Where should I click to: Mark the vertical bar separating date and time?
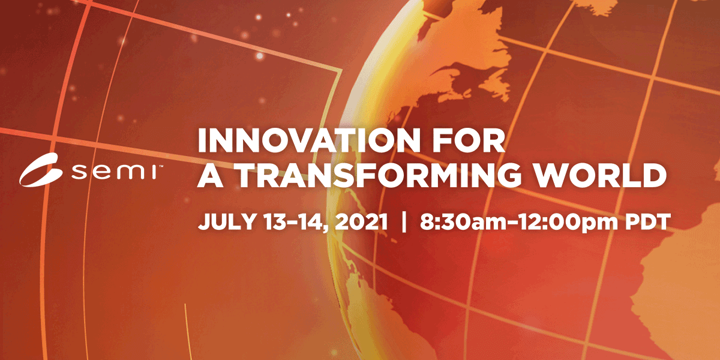404,222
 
